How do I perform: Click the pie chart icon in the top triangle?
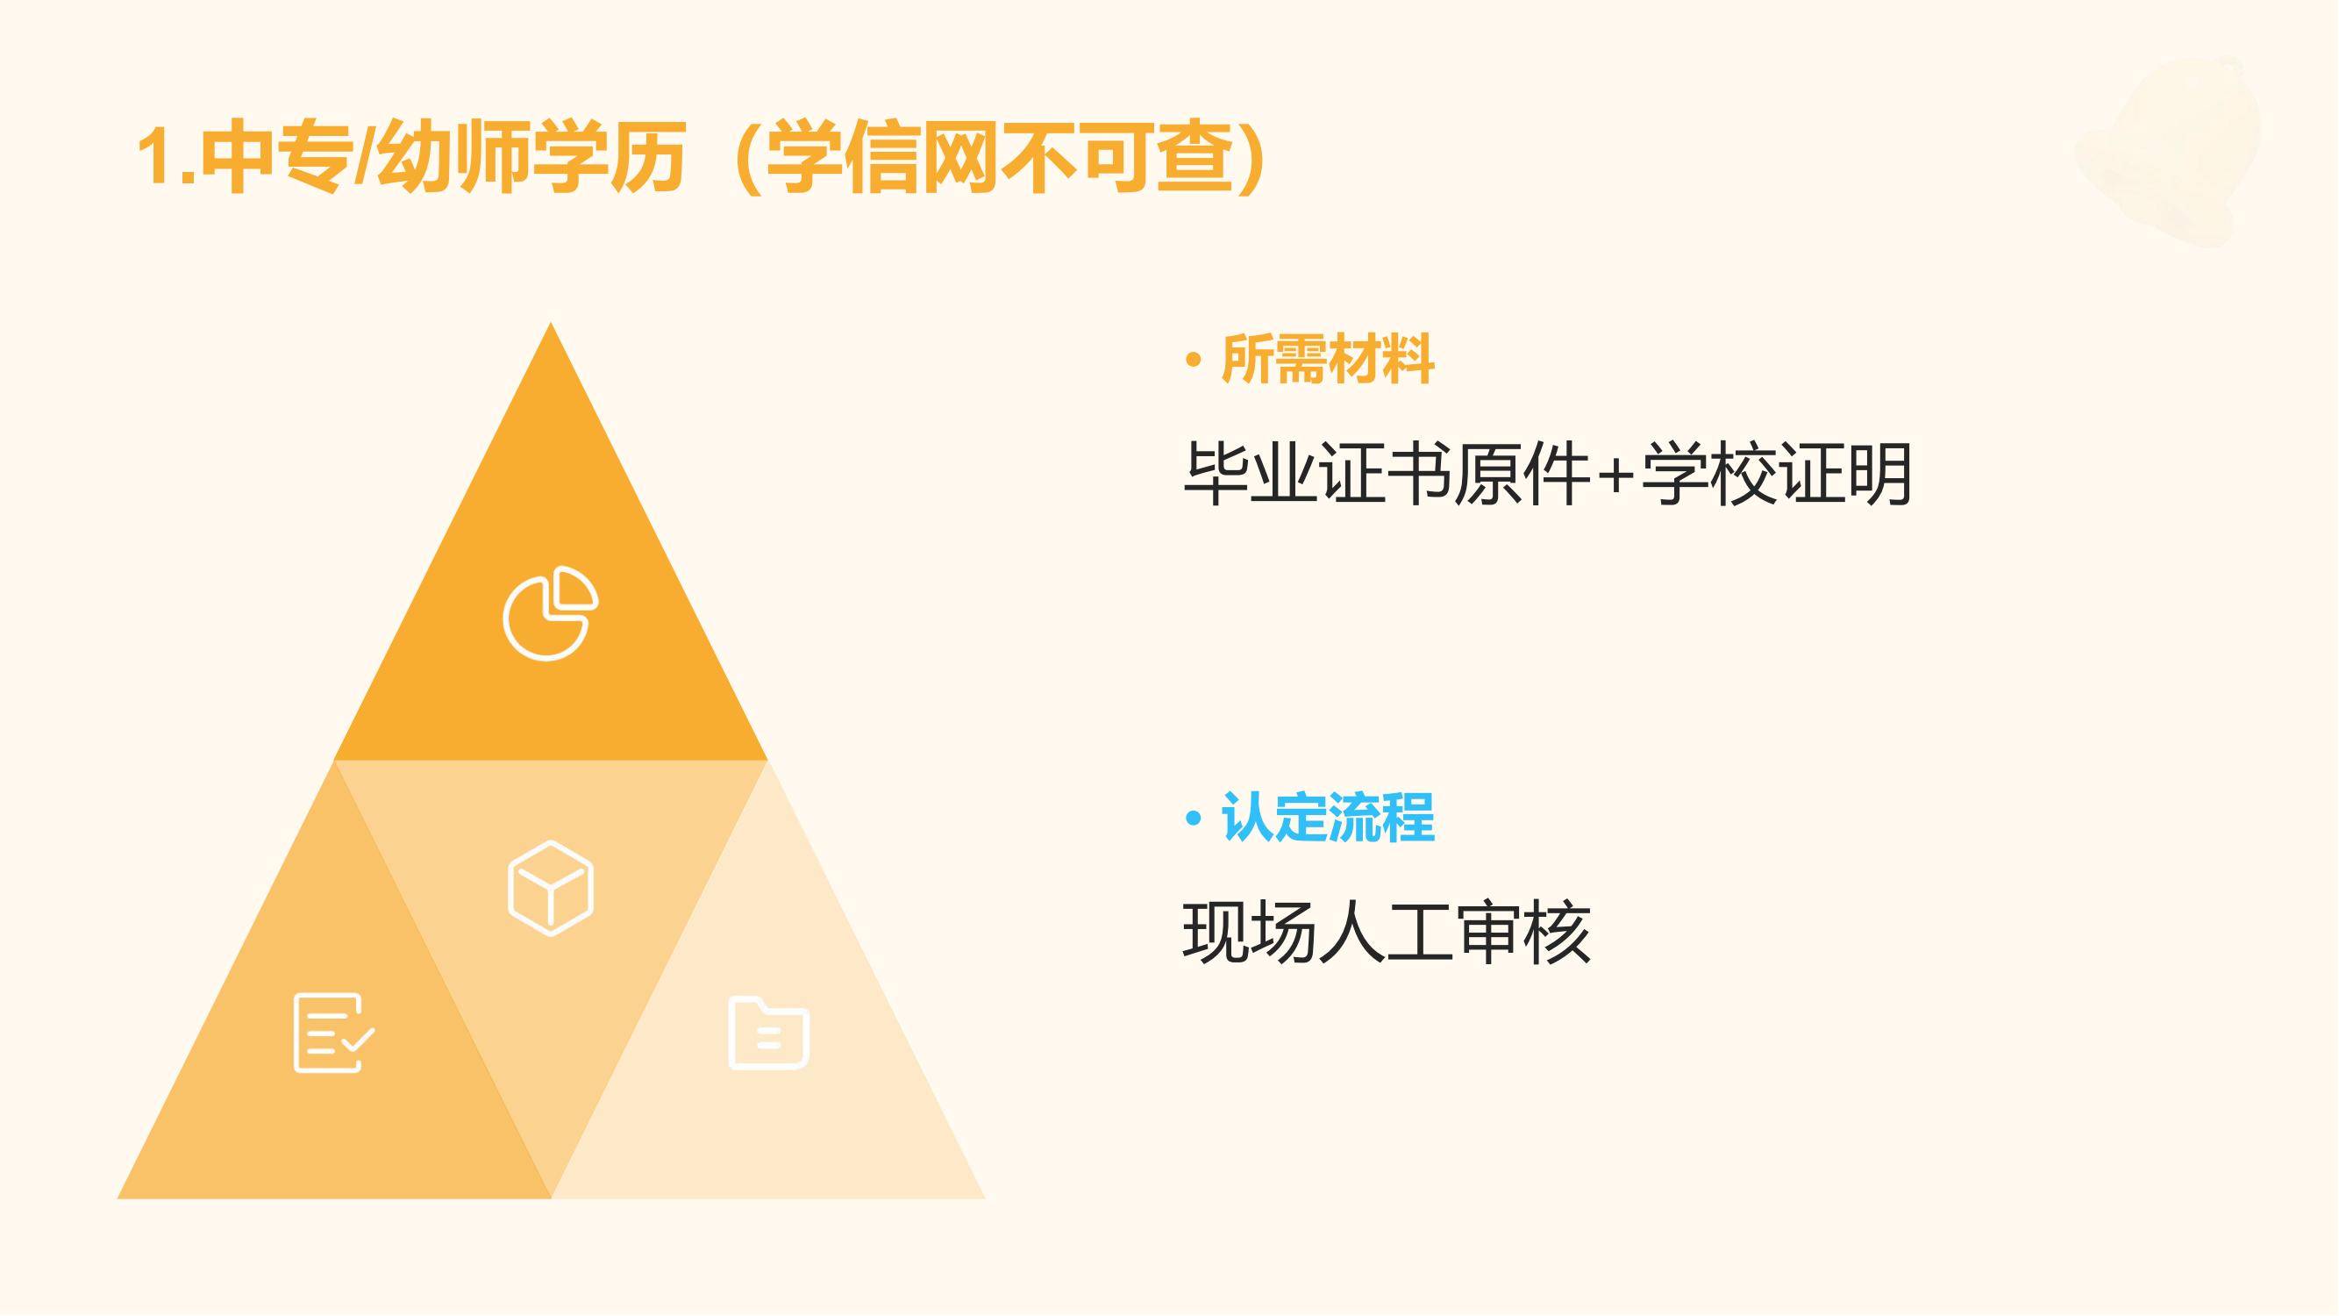pos(550,613)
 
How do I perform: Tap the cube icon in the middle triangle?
pos(550,887)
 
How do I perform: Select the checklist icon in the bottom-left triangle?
pos(334,1033)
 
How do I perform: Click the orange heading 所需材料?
pos(1328,360)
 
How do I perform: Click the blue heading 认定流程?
pos(1328,818)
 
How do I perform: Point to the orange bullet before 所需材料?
pos(1193,361)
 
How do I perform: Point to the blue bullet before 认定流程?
pos(1193,819)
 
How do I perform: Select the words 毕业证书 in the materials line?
pos(1317,473)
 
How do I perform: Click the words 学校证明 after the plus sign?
pos(1777,473)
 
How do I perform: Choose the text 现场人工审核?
pos(1387,932)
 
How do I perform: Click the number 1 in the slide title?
pos(155,156)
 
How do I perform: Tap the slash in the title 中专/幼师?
pos(364,156)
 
